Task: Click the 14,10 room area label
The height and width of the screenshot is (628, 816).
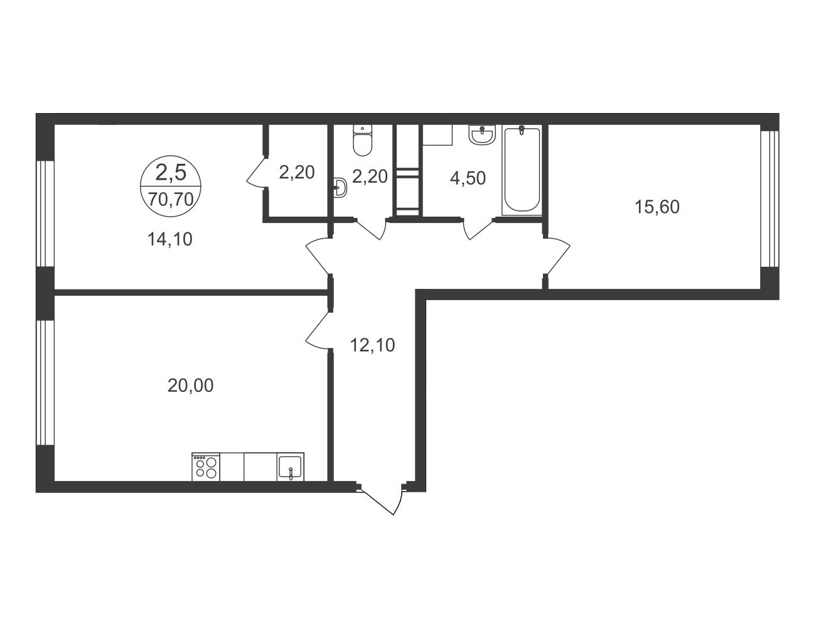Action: (x=170, y=239)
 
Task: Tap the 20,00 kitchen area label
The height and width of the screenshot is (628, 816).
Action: (x=190, y=386)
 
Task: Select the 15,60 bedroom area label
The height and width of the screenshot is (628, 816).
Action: (x=657, y=207)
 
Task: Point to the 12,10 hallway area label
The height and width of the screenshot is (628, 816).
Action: (x=372, y=345)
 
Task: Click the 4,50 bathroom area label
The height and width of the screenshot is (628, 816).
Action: (x=468, y=178)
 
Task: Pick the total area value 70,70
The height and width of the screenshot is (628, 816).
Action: (x=171, y=199)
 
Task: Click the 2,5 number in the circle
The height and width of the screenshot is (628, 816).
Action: (x=171, y=173)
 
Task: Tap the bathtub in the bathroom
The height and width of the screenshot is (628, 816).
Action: (x=522, y=170)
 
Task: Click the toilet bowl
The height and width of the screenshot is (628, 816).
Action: (x=362, y=140)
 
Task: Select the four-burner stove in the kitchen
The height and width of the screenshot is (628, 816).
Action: (x=206, y=467)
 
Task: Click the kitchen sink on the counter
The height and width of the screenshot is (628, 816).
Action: (x=290, y=467)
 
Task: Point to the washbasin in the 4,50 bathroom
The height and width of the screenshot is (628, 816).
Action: (x=482, y=134)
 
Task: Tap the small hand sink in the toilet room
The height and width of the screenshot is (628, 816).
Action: (x=340, y=187)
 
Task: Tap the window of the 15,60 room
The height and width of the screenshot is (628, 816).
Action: (x=770, y=198)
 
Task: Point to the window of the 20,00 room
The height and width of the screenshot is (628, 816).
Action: (x=45, y=382)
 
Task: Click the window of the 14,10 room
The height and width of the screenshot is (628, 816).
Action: (x=45, y=214)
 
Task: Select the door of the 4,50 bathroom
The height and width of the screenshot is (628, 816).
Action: (x=478, y=229)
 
